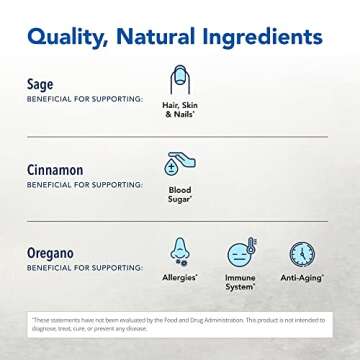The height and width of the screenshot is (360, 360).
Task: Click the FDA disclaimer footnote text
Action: [180, 323]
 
